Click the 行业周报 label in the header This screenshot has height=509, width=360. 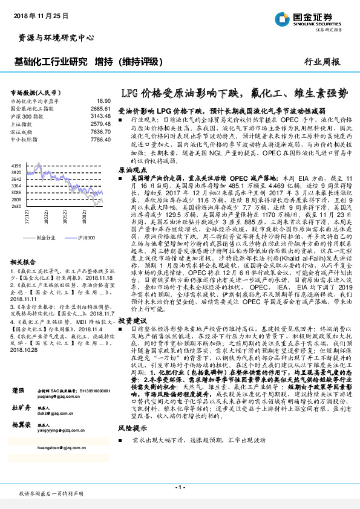[x=321, y=62]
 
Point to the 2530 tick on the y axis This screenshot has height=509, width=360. [x=16, y=206]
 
